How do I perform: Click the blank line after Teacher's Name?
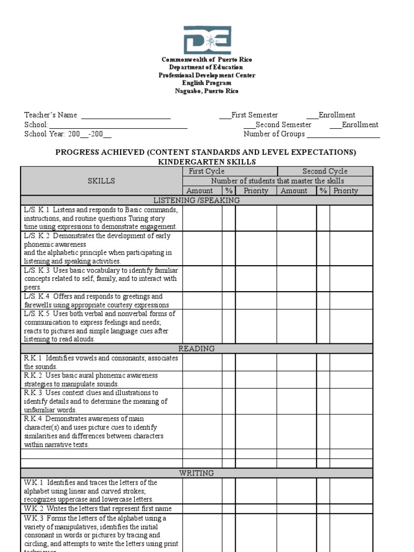[x=126, y=115]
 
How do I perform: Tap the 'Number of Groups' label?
[x=274, y=134]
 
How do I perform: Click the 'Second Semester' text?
[x=283, y=125]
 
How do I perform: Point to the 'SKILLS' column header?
[x=101, y=181]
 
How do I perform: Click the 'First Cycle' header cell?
[x=206, y=171]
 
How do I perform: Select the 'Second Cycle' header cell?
[x=325, y=171]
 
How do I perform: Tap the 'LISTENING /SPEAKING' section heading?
[x=197, y=201]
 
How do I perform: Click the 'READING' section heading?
[x=197, y=349]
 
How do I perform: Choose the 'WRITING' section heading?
[x=197, y=473]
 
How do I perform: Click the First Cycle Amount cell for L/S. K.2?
[x=202, y=248]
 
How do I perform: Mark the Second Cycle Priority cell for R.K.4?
[x=351, y=431]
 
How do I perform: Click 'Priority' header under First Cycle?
[x=256, y=191]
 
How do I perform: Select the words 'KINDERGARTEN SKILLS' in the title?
[x=206, y=162]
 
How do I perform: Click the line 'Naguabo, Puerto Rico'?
[x=206, y=91]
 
